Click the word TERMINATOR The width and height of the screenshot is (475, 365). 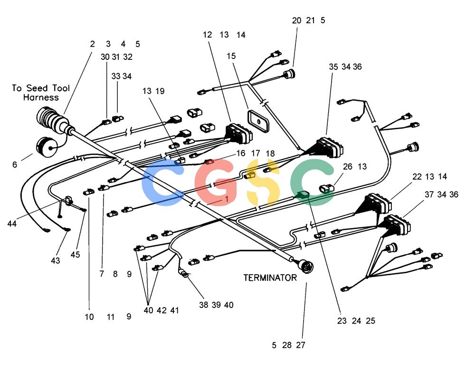coord(270,278)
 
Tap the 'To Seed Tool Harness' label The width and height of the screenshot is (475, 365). coord(41,93)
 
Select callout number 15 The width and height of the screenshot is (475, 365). coord(231,56)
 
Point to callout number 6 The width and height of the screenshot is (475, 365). coord(15,164)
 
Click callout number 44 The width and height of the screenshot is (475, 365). coord(12,224)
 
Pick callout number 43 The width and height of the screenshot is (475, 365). coord(56,260)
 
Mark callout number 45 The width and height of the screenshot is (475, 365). coord(75,254)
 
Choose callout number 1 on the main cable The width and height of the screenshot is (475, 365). coord(226,199)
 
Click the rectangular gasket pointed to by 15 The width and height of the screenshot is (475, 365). coord(258,121)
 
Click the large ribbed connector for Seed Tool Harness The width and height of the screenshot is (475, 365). coord(51,120)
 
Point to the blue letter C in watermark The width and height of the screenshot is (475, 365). coord(162,182)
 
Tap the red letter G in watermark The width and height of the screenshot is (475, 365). coord(216,182)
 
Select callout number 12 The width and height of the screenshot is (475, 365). coord(207,35)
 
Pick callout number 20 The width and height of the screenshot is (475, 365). coord(296,20)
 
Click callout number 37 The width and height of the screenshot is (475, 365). coord(429,195)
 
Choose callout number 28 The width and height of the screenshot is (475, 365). coord(287,345)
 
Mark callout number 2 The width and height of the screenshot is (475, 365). coord(92,44)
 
